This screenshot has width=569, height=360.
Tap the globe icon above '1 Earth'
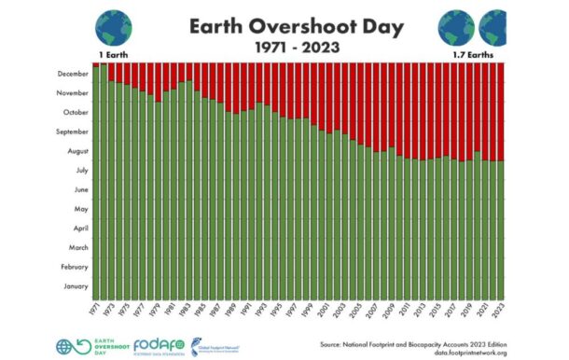(114, 28)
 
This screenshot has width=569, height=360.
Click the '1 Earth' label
(110, 56)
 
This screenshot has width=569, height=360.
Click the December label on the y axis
(70, 74)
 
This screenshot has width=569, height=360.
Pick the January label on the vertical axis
(73, 286)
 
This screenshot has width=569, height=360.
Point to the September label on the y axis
(69, 132)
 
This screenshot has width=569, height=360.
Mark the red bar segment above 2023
(501, 112)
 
